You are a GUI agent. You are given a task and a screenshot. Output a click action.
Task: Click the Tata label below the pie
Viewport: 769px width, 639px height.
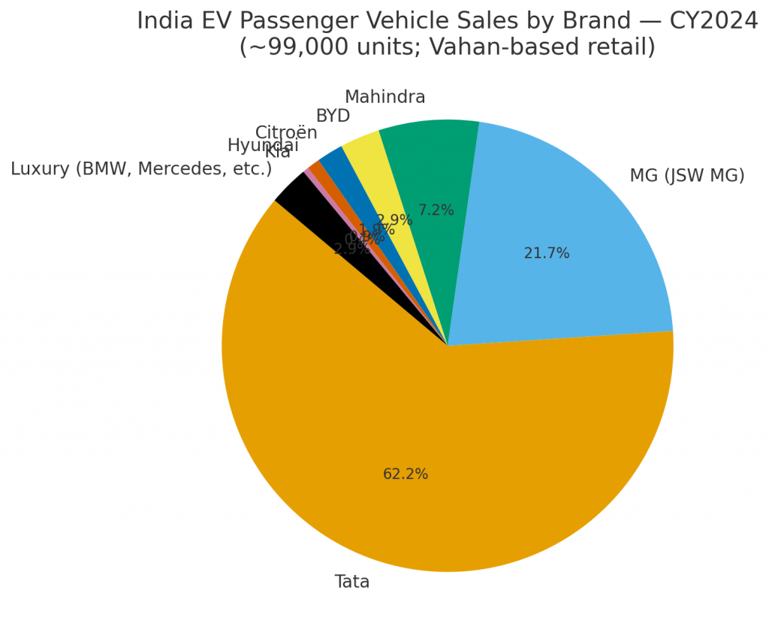click(x=351, y=583)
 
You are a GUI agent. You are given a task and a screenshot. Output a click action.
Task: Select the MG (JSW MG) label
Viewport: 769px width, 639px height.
click(x=686, y=176)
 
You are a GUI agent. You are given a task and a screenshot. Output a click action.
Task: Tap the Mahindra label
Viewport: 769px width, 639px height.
click(x=384, y=98)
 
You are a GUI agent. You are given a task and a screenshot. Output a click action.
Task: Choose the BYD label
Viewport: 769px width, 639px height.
click(x=333, y=117)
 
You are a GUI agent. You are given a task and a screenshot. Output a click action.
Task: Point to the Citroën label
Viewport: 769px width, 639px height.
click(x=286, y=133)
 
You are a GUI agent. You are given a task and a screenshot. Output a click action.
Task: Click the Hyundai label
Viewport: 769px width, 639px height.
click(x=263, y=146)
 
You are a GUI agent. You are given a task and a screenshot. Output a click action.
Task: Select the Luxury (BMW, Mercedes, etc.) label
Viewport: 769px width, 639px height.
click(x=141, y=169)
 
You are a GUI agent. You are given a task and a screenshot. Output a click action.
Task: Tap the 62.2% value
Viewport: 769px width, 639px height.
click(x=406, y=474)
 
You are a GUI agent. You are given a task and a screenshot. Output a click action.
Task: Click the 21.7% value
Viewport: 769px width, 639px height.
click(x=547, y=254)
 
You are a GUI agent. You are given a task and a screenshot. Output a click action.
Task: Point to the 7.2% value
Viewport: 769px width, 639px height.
click(x=436, y=210)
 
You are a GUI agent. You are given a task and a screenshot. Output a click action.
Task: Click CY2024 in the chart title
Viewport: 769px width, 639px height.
click(x=713, y=21)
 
